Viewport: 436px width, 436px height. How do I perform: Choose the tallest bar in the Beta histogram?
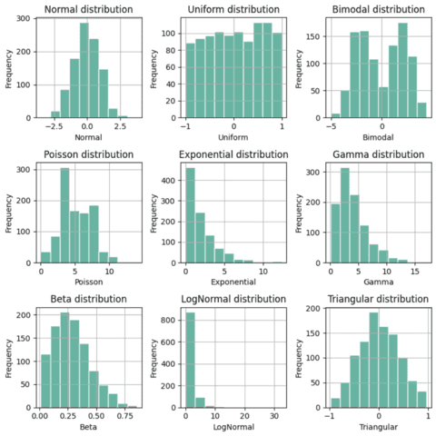point(64,360)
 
